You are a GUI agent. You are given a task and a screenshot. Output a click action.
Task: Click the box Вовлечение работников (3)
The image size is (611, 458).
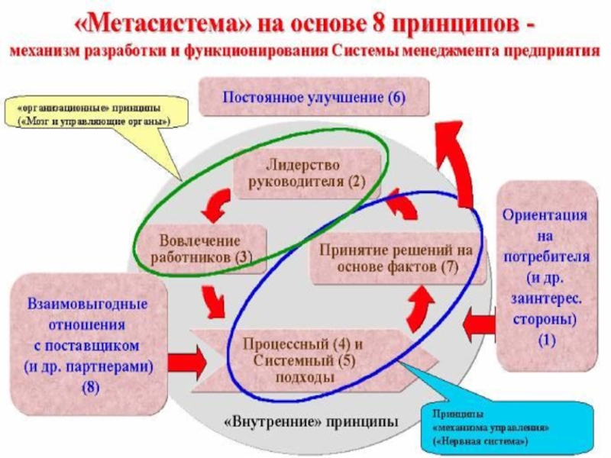200,249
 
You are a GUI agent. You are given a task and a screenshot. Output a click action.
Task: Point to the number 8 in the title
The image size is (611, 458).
379,24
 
